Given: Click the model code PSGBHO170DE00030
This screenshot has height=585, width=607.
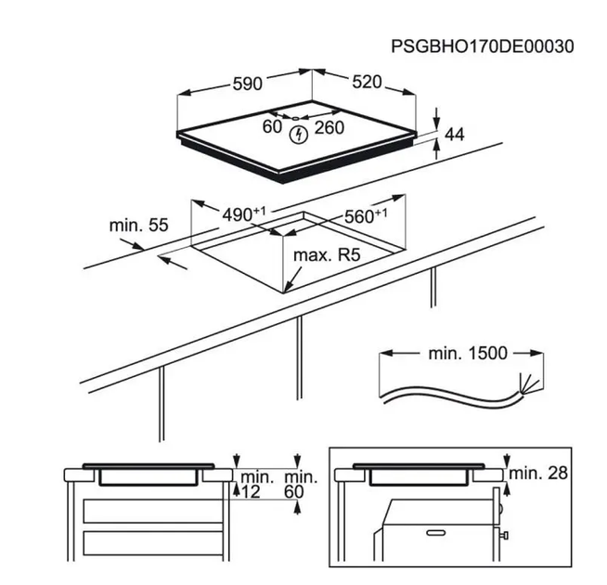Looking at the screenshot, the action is [x=483, y=46].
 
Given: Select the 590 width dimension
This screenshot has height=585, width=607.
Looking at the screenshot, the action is [x=248, y=84].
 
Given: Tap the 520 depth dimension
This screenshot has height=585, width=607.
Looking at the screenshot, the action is [x=367, y=82].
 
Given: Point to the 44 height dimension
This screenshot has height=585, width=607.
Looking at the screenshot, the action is [x=454, y=135].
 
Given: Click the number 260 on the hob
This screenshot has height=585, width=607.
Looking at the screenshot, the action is [x=329, y=127].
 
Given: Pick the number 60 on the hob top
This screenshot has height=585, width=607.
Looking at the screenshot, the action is [x=272, y=126].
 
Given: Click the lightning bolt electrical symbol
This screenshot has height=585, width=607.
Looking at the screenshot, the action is [x=299, y=135].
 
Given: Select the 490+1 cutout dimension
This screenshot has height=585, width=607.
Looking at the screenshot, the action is [x=244, y=214].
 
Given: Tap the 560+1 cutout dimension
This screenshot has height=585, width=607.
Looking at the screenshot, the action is [x=366, y=215].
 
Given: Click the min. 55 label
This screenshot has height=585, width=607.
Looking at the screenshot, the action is [x=138, y=225].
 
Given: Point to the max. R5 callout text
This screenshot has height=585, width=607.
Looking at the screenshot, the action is [x=327, y=255].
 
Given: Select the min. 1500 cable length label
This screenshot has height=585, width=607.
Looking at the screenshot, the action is [x=468, y=353].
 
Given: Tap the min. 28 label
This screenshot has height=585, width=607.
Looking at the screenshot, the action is [x=538, y=473].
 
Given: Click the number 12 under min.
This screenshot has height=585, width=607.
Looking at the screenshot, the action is [x=251, y=492].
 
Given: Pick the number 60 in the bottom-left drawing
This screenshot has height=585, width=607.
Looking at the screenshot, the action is [x=294, y=492].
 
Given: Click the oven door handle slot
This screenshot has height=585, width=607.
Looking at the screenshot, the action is [x=436, y=533].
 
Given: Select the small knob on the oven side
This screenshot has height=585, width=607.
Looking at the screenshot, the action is [x=504, y=536].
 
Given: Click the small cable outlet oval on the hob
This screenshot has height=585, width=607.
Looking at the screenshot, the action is [x=295, y=119].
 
